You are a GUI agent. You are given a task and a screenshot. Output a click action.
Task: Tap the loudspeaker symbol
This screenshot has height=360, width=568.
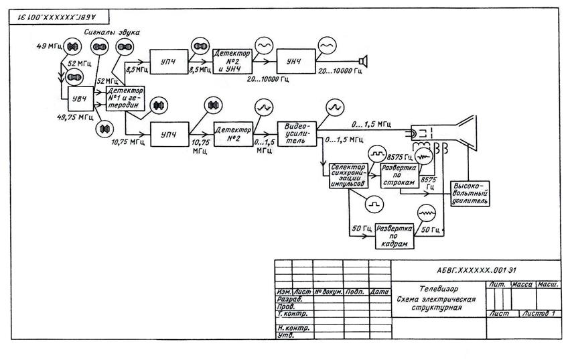coord(363,62)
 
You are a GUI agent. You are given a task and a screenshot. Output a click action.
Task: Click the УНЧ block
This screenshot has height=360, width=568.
coord(293,62)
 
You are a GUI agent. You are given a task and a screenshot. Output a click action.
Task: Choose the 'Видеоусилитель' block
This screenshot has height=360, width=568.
coord(296,133)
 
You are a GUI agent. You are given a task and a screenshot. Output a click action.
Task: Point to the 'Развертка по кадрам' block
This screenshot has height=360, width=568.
coord(396,232)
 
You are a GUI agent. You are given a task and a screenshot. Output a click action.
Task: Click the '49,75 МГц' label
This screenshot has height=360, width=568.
coord(75,117)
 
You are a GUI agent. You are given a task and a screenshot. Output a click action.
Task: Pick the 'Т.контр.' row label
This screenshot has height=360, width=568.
coord(292,314)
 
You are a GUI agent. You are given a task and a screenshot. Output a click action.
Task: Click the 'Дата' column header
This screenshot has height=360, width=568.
coord(380,292)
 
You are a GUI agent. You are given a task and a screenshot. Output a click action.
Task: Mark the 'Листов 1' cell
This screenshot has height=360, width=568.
coord(540,314)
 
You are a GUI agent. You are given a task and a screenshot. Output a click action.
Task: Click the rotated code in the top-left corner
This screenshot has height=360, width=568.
coord(46,13)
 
